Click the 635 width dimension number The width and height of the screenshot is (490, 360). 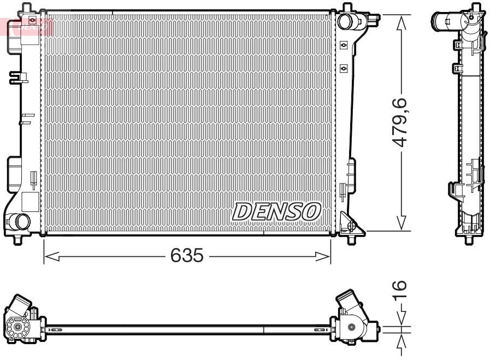point(187,255)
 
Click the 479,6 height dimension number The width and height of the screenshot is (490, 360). point(400,122)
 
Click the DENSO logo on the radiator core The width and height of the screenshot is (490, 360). point(276,212)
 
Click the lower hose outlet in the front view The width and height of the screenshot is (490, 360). point(21,222)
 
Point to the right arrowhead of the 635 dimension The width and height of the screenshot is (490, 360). point(323,257)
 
